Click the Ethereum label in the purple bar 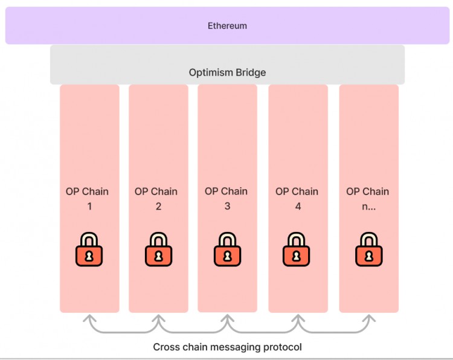point(227,26)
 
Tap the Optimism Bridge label point(227,72)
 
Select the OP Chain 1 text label point(87,199)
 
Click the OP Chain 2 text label point(156,199)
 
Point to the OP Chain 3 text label point(226,199)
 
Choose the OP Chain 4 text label point(297,199)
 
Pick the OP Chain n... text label point(367,199)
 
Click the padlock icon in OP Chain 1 point(89,249)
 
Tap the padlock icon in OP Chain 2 point(158,249)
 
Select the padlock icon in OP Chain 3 point(227,249)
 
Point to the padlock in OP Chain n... point(368,249)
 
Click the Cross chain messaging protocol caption point(227,347)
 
